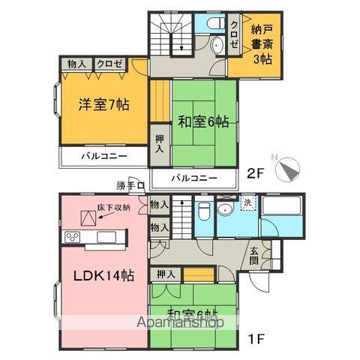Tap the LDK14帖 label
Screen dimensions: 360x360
point(103,275)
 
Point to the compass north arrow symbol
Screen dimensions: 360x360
point(287,169)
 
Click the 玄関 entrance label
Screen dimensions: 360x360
point(255,256)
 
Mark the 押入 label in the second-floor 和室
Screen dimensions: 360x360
point(160,143)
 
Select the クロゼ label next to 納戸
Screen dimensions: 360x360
point(235,34)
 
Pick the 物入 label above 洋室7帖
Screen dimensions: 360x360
point(76,65)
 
